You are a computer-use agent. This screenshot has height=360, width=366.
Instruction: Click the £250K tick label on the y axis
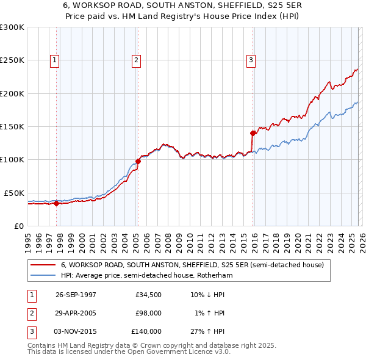(12, 60)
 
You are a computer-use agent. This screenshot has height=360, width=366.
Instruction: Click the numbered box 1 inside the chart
(55, 60)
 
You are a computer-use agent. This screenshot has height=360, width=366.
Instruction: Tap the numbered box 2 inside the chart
(135, 60)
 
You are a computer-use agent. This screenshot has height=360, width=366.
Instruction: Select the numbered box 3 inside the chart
(251, 60)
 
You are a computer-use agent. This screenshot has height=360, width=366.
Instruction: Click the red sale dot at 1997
(57, 203)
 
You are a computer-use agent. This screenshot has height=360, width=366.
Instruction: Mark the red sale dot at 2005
(138, 161)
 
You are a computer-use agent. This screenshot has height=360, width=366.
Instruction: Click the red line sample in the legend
(43, 265)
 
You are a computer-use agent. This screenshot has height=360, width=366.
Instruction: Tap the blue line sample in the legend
(43, 275)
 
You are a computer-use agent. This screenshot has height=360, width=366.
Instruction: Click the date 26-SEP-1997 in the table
(76, 295)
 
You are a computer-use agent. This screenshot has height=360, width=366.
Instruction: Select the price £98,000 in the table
(148, 313)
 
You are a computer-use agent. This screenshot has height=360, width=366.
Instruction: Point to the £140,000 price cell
(146, 331)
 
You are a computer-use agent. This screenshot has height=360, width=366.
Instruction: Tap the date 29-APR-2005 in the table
(76, 313)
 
